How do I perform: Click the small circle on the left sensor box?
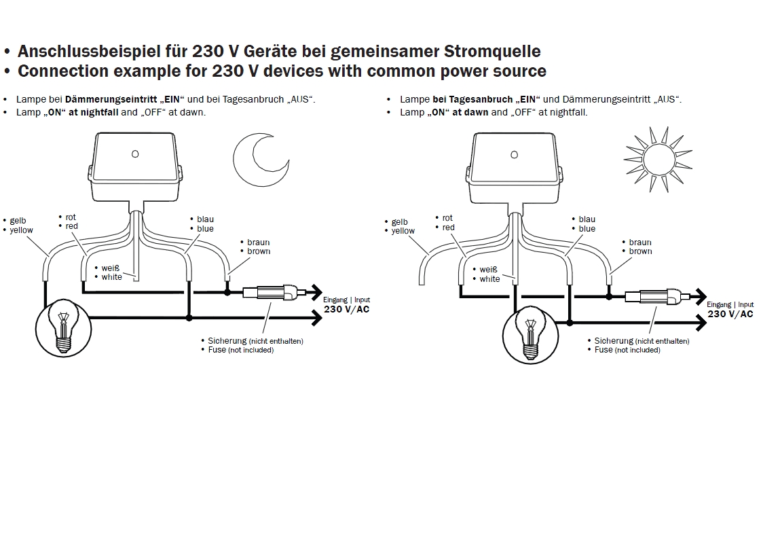135,154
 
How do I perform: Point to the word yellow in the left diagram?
21,230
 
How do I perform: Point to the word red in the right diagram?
449,228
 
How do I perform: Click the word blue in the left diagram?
205,229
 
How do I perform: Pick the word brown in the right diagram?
640,251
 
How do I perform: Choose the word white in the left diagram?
112,277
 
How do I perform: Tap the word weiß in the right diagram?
489,270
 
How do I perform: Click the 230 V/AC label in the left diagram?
347,310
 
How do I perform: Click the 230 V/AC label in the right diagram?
730,314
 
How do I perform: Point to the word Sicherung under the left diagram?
227,341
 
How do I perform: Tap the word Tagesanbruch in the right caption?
485,99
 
